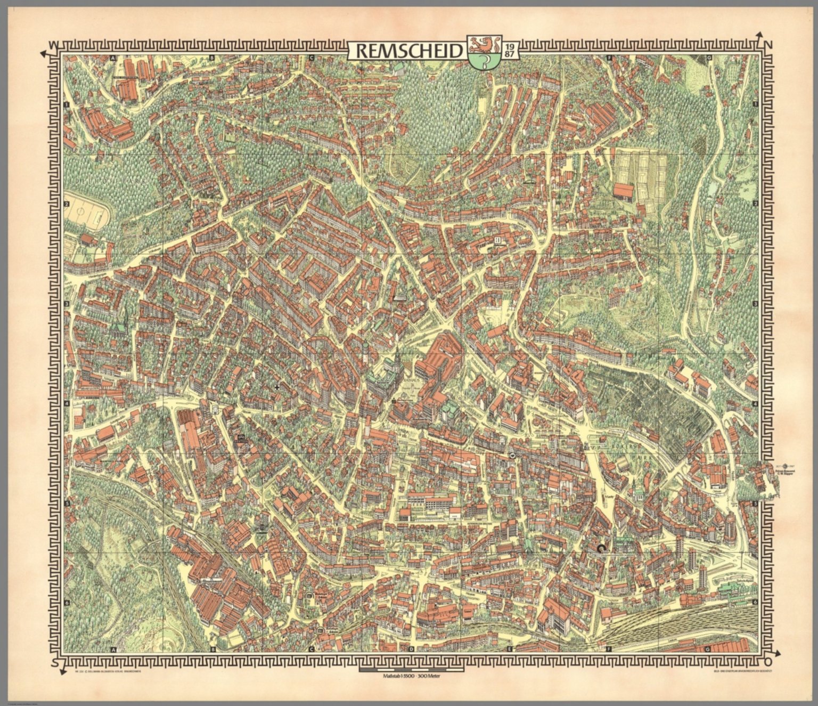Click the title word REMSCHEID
(x=408, y=51)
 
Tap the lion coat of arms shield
(x=482, y=51)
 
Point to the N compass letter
(x=767, y=44)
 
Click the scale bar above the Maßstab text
(x=408, y=667)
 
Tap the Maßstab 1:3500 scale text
(x=408, y=676)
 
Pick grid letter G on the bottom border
(x=707, y=650)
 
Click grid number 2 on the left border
(x=68, y=204)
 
